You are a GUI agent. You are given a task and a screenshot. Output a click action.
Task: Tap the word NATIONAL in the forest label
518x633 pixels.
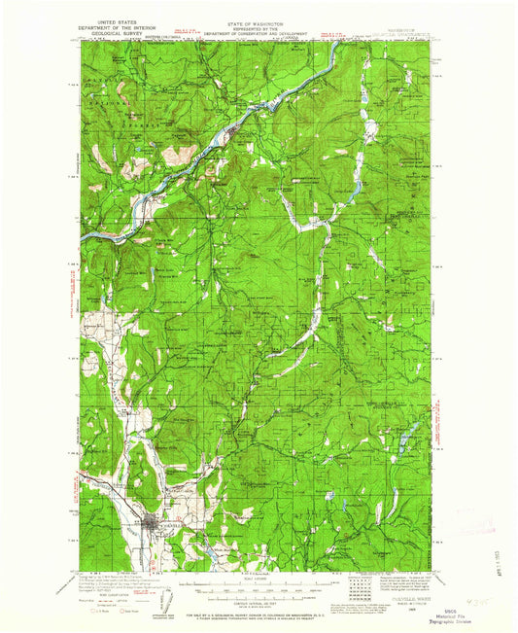100,101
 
